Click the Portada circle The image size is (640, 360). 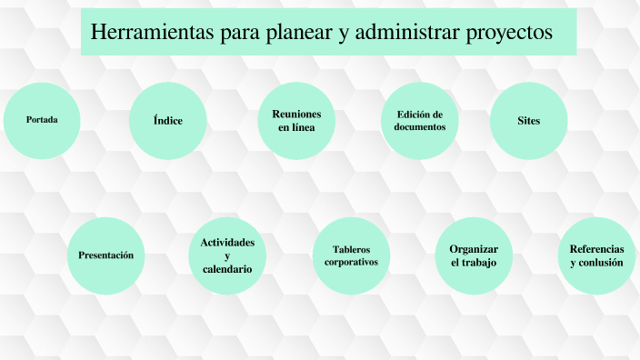point(42,120)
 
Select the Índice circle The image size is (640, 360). point(167,120)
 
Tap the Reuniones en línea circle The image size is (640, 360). point(296,120)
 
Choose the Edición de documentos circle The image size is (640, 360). point(419,120)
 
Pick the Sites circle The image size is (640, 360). point(528,120)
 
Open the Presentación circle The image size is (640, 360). point(106,255)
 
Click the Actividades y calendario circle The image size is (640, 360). point(227,255)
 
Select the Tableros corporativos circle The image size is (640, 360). point(351,255)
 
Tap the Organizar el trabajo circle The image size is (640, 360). point(474,255)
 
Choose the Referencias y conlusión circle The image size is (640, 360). point(596,255)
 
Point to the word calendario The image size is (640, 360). point(227,269)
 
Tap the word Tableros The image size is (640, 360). point(351,249)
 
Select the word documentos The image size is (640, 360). point(419,127)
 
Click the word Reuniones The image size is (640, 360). point(296,113)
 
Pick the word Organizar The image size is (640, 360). point(474,249)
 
